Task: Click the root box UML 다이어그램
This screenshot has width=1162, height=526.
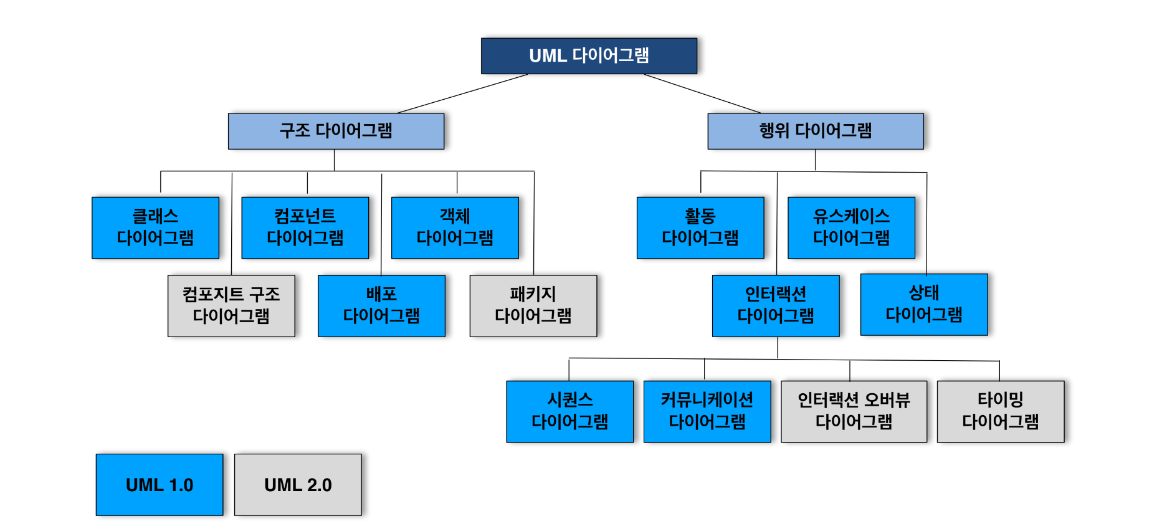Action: click(589, 56)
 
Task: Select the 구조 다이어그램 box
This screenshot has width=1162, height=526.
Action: click(336, 131)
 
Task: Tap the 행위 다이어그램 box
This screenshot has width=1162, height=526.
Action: click(815, 131)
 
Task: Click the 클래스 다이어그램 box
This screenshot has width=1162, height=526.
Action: click(155, 227)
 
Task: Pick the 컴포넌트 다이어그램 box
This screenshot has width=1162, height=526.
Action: click(305, 227)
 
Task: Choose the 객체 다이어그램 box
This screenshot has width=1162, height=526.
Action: click(455, 227)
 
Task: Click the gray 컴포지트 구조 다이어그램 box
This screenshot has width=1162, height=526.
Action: click(231, 305)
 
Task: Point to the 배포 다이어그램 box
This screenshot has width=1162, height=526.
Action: click(381, 305)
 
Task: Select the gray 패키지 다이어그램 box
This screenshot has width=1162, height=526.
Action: click(533, 305)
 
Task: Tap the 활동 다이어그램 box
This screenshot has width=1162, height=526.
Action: click(700, 227)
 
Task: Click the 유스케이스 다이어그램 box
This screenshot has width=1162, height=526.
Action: click(851, 227)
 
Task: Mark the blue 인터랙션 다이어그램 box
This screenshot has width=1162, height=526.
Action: click(776, 305)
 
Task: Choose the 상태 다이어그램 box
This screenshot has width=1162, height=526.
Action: click(924, 304)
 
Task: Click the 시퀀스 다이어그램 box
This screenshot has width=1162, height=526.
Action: click(569, 411)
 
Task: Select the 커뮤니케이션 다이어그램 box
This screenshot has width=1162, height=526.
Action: click(707, 411)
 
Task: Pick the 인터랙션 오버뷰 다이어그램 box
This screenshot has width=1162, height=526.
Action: click(854, 411)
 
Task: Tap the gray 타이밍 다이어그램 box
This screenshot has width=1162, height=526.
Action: click(1000, 411)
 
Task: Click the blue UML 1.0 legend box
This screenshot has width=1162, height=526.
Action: click(160, 484)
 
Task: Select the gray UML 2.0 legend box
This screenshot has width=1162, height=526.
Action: click(298, 484)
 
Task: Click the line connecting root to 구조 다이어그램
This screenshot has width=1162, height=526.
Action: click(462, 93)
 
